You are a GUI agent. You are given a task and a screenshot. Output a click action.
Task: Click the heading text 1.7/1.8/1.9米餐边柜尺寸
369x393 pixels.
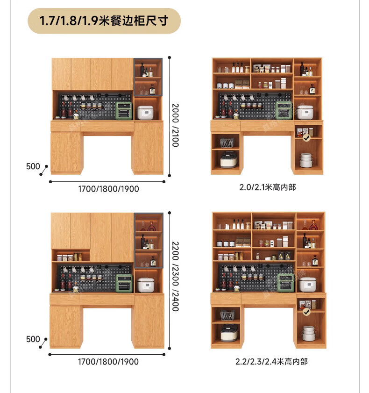pyautogui.click(x=104, y=21)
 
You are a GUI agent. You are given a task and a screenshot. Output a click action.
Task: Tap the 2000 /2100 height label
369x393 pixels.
pyautogui.click(x=175, y=125)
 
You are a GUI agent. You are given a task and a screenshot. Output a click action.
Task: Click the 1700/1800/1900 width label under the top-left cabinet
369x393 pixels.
pyautogui.click(x=108, y=189)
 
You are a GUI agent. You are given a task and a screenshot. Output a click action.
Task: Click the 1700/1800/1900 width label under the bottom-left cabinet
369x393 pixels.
pyautogui.click(x=108, y=361)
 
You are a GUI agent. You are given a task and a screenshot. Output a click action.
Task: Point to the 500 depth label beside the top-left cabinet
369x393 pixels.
pyautogui.click(x=33, y=166)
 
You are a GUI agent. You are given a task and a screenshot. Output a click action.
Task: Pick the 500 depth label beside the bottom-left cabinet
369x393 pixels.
pyautogui.click(x=33, y=339)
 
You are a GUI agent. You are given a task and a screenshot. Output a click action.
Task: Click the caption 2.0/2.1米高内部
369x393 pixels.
pyautogui.click(x=267, y=187)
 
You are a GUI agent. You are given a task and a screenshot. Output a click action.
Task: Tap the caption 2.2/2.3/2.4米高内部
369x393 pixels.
pyautogui.click(x=271, y=361)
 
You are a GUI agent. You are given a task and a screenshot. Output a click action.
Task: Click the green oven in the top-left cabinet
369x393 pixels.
pyautogui.click(x=124, y=111)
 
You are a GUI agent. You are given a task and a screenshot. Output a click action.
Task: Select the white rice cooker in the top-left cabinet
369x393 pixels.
pyautogui.click(x=145, y=112)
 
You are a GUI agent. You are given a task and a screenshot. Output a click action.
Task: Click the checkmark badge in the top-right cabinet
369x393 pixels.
pyautogui.click(x=306, y=138)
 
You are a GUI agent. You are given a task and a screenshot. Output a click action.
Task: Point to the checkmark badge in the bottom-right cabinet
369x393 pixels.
pyautogui.click(x=307, y=311)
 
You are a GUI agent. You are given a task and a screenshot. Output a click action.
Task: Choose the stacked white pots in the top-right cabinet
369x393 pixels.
pyautogui.click(x=306, y=160)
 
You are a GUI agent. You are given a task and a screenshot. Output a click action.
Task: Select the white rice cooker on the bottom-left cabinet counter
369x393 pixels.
pyautogui.click(x=145, y=285)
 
